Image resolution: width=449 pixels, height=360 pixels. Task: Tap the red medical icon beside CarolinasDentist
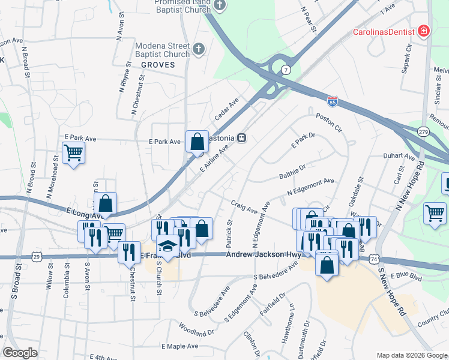(424, 31)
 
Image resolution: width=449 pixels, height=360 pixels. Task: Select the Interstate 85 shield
(332, 101)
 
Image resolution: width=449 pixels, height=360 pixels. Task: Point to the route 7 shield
(286, 70)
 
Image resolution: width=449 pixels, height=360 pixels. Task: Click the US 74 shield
(375, 259)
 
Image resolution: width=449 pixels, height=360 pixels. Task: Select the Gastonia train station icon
(242, 137)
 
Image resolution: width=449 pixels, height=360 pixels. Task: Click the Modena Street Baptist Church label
(162, 50)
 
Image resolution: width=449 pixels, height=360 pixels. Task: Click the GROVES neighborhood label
(159, 65)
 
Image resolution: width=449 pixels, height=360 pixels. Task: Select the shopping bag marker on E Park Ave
(197, 142)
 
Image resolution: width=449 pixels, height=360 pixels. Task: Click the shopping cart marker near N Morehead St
(73, 152)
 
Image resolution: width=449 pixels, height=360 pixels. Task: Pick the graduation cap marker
(167, 247)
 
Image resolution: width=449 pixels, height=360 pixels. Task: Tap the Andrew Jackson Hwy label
(263, 255)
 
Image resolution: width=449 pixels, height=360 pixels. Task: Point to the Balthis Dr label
(292, 173)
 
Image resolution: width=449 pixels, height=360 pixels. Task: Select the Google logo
(20, 353)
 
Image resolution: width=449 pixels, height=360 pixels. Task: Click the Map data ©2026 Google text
(411, 355)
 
